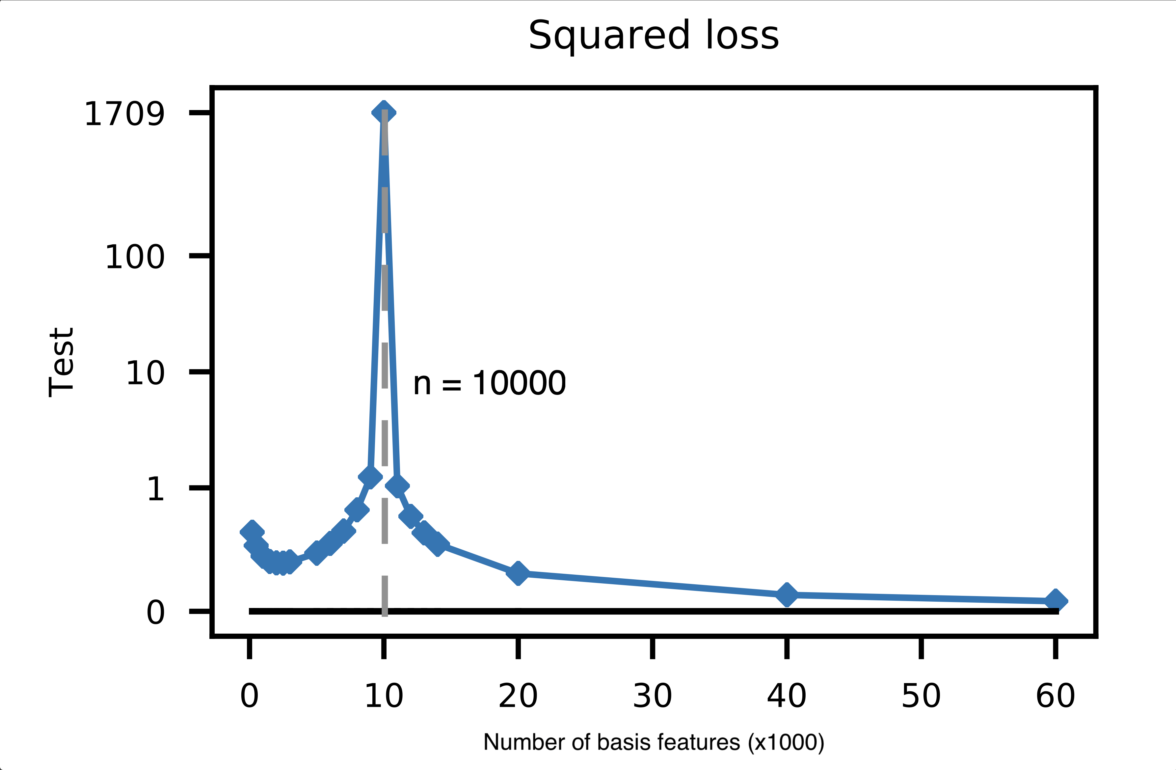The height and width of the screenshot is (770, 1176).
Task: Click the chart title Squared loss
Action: [653, 36]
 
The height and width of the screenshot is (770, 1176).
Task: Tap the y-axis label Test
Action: [62, 362]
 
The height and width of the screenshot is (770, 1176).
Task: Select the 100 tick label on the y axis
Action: [135, 257]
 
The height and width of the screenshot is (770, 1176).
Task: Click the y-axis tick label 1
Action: [156, 489]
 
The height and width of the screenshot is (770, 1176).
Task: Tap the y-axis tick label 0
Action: [156, 613]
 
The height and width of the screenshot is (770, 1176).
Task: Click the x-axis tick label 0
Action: [250, 696]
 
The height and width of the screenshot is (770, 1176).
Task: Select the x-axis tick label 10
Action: [384, 696]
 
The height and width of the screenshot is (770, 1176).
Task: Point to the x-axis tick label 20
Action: [518, 696]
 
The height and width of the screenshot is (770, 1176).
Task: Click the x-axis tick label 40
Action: [787, 696]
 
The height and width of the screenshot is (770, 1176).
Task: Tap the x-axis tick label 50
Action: [921, 696]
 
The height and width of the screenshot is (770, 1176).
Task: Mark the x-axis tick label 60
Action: [1056, 696]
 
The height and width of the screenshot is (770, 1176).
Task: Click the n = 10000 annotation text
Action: [489, 383]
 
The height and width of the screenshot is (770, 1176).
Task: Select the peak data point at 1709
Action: [384, 113]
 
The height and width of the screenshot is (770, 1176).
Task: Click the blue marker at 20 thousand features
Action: [518, 573]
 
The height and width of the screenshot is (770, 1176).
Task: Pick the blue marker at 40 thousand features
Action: [787, 594]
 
